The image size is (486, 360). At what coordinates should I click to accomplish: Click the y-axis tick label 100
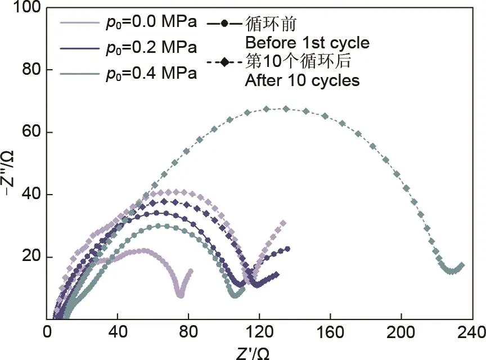coord(26,7)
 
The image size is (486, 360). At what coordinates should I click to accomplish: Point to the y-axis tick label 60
coord(31,132)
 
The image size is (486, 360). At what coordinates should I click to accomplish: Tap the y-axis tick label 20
coord(31,256)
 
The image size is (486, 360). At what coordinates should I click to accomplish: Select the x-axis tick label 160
coord(330,332)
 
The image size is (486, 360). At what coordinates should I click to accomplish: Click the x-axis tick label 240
coord(472,332)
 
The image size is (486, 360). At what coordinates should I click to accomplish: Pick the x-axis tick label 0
coord(47,332)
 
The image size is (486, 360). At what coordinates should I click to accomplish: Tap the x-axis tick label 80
coord(188,332)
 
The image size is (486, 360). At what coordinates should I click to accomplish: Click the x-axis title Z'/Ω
coord(253,353)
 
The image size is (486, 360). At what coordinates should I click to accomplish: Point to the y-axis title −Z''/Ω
coord(8,173)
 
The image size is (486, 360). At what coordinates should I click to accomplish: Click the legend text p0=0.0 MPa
coord(151,22)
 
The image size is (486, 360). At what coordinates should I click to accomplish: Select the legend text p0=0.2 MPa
coord(151,48)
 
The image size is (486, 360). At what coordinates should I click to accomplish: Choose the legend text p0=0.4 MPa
coord(151,74)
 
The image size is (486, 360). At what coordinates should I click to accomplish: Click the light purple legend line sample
coord(80,22)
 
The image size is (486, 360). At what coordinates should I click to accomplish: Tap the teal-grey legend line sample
coord(80,74)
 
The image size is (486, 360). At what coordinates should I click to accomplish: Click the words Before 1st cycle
coord(307,43)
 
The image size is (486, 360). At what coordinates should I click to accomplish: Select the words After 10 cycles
coord(302,80)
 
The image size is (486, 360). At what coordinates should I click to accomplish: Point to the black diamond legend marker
coord(224,62)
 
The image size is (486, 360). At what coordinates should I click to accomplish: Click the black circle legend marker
coord(224,24)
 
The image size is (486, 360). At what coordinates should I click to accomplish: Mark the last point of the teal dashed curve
coord(461,265)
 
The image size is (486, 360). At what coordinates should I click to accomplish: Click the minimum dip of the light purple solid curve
coord(181,295)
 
